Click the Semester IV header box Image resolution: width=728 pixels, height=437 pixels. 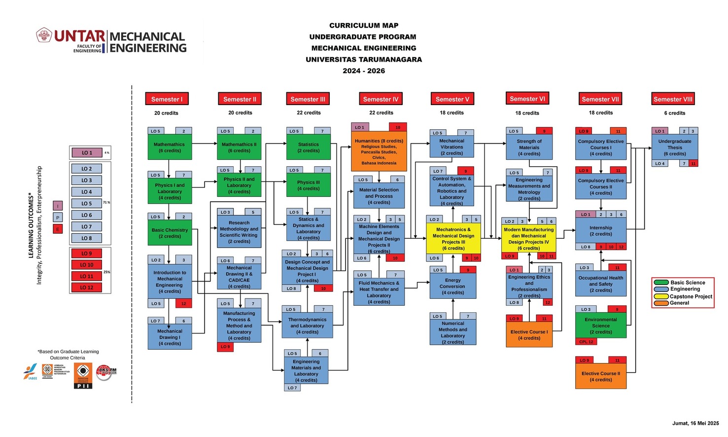click(x=381, y=99)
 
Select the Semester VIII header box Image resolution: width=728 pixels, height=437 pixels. click(x=673, y=99)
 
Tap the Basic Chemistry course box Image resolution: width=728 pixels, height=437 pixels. click(x=170, y=233)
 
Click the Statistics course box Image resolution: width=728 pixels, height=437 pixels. click(x=308, y=147)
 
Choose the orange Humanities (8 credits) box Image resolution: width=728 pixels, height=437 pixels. click(x=379, y=151)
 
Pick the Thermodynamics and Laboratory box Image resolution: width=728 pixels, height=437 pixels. click(x=307, y=326)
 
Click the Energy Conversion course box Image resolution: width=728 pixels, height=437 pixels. click(x=452, y=286)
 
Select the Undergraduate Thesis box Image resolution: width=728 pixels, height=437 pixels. click(x=674, y=147)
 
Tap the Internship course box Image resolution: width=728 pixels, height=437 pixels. click(x=600, y=230)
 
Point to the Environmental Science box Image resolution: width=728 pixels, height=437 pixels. click(x=600, y=326)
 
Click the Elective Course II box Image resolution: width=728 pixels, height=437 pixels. click(x=600, y=376)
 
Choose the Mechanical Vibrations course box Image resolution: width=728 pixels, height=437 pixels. click(x=451, y=147)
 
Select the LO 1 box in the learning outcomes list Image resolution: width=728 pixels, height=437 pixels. click(x=87, y=153)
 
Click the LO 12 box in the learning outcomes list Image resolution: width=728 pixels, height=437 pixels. click(x=87, y=288)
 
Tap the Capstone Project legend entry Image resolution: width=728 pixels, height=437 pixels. click(x=691, y=296)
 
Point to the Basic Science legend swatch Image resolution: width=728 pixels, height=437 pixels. click(x=661, y=283)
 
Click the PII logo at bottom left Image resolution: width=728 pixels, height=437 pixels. click(x=83, y=376)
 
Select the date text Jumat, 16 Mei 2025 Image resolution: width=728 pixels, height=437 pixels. click(x=695, y=423)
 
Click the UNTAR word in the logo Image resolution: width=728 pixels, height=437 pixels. click(x=79, y=36)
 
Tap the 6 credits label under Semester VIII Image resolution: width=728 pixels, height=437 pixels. click(x=674, y=113)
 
